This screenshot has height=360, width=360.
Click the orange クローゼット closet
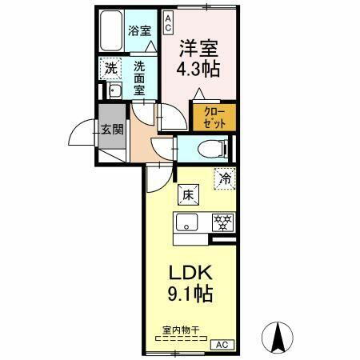click(214, 117)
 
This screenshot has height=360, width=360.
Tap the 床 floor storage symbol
click(186, 194)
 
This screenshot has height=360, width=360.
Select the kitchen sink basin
click(186, 222)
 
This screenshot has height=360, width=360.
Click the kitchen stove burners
click(221, 222)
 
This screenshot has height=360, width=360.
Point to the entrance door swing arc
click(80, 136)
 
